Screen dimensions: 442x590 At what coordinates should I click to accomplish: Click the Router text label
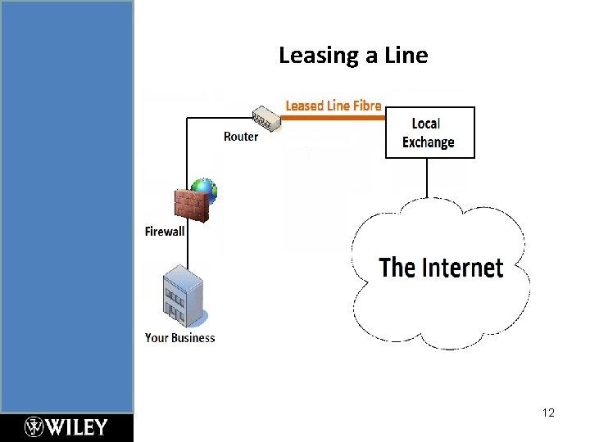pyautogui.click(x=240, y=137)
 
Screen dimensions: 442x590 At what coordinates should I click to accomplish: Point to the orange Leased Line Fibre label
pyautogui.click(x=333, y=106)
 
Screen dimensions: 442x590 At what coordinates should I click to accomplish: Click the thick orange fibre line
pyautogui.click(x=334, y=118)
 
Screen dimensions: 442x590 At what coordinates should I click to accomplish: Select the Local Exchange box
pyautogui.click(x=429, y=132)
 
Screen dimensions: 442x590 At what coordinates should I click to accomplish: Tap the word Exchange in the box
pyautogui.click(x=428, y=142)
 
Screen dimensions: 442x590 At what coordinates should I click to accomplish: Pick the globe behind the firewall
pyautogui.click(x=205, y=190)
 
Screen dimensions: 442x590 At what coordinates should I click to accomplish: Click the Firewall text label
pyautogui.click(x=165, y=232)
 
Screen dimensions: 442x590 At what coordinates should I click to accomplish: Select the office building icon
pyautogui.click(x=183, y=295)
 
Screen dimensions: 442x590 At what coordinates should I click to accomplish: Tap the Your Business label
pyautogui.click(x=179, y=337)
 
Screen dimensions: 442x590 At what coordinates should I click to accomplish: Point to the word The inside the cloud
pyautogui.click(x=397, y=268)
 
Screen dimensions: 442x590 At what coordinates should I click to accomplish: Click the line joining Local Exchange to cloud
pyautogui.click(x=427, y=178)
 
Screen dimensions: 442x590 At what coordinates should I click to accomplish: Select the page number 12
pyautogui.click(x=548, y=413)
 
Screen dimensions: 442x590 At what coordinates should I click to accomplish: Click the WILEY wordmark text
pyautogui.click(x=77, y=427)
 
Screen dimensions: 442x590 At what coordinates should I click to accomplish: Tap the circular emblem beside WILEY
pyautogui.click(x=34, y=427)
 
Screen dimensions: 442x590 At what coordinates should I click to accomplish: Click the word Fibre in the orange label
pyautogui.click(x=366, y=106)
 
